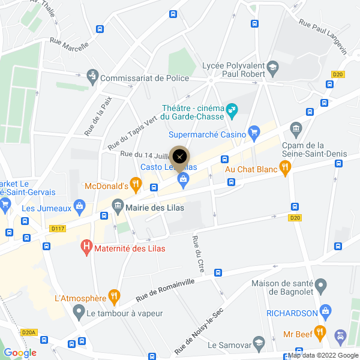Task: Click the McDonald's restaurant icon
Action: pos(136,185)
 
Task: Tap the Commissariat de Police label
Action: pos(144,78)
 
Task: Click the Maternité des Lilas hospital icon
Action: pos(87,247)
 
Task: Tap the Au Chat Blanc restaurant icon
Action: pos(286,169)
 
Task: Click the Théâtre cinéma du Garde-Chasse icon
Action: pos(232,110)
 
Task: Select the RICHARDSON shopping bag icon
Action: pos(326,313)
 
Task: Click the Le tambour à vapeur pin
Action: pos(78,312)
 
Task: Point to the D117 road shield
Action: pos(58,228)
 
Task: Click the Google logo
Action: pos(20,353)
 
